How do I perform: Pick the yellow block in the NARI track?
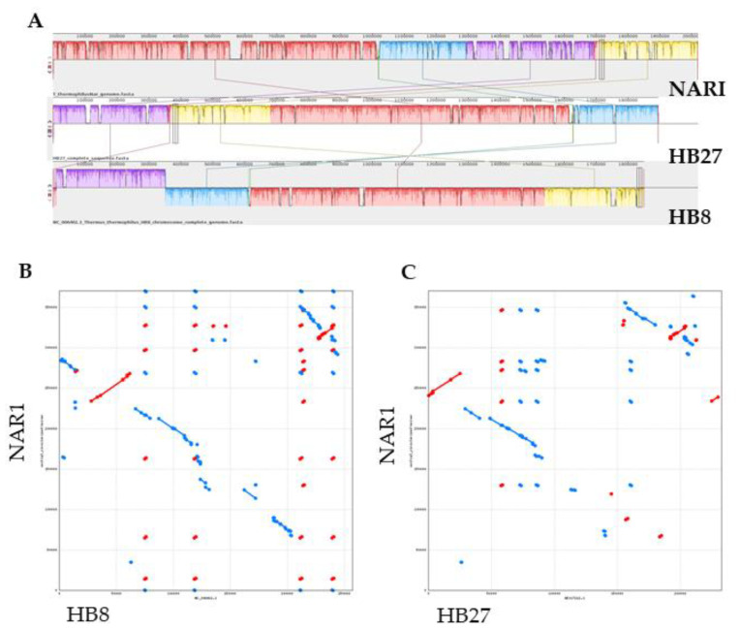pyautogui.click(x=647, y=50)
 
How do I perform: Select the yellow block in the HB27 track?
pyautogui.click(x=221, y=113)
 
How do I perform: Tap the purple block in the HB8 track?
pyautogui.click(x=108, y=177)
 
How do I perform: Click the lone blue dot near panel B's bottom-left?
pyautogui.click(x=131, y=561)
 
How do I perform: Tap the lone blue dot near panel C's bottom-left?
pyautogui.click(x=461, y=561)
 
